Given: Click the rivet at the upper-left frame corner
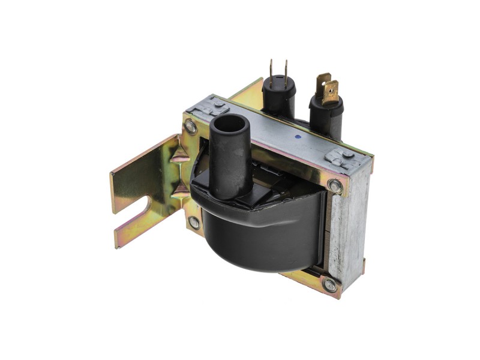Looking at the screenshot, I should pos(191,127).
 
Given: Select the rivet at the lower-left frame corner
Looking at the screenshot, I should pos(194,222).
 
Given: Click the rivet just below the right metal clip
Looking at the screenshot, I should pos(335,186).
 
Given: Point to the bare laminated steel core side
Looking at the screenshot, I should pos(348,228).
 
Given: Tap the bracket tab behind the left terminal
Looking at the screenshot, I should pos(252,91).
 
